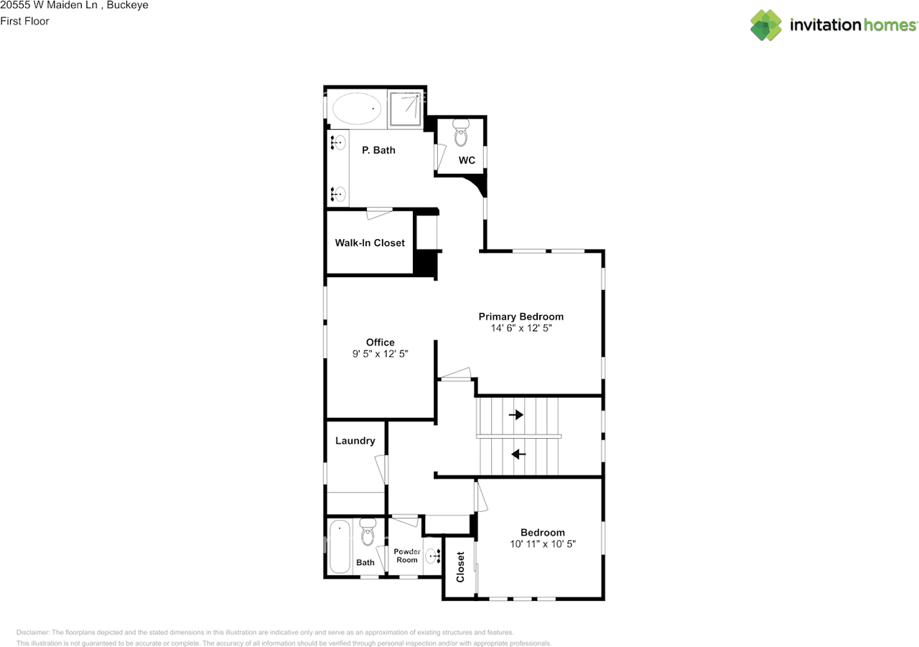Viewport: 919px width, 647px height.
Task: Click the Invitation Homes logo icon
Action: (766, 25)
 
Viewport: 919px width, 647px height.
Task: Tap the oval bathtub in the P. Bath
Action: (357, 108)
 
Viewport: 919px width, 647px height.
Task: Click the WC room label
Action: (467, 160)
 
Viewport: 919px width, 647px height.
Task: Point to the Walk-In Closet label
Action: (370, 243)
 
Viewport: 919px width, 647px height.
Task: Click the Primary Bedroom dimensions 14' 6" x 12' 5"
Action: (521, 327)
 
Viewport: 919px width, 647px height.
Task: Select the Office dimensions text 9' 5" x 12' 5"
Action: (380, 354)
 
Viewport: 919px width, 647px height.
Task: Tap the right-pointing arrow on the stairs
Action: (516, 414)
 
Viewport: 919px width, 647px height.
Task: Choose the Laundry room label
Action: (355, 440)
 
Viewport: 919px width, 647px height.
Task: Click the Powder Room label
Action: (406, 555)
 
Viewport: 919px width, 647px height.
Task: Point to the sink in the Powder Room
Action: (434, 555)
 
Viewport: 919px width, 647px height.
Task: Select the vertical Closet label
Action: (460, 567)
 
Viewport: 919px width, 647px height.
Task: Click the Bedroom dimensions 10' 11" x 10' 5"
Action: (542, 544)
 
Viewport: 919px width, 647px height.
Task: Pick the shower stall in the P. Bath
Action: (406, 108)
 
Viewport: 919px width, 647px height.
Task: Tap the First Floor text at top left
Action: (25, 21)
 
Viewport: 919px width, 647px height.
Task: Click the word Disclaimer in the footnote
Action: (32, 633)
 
